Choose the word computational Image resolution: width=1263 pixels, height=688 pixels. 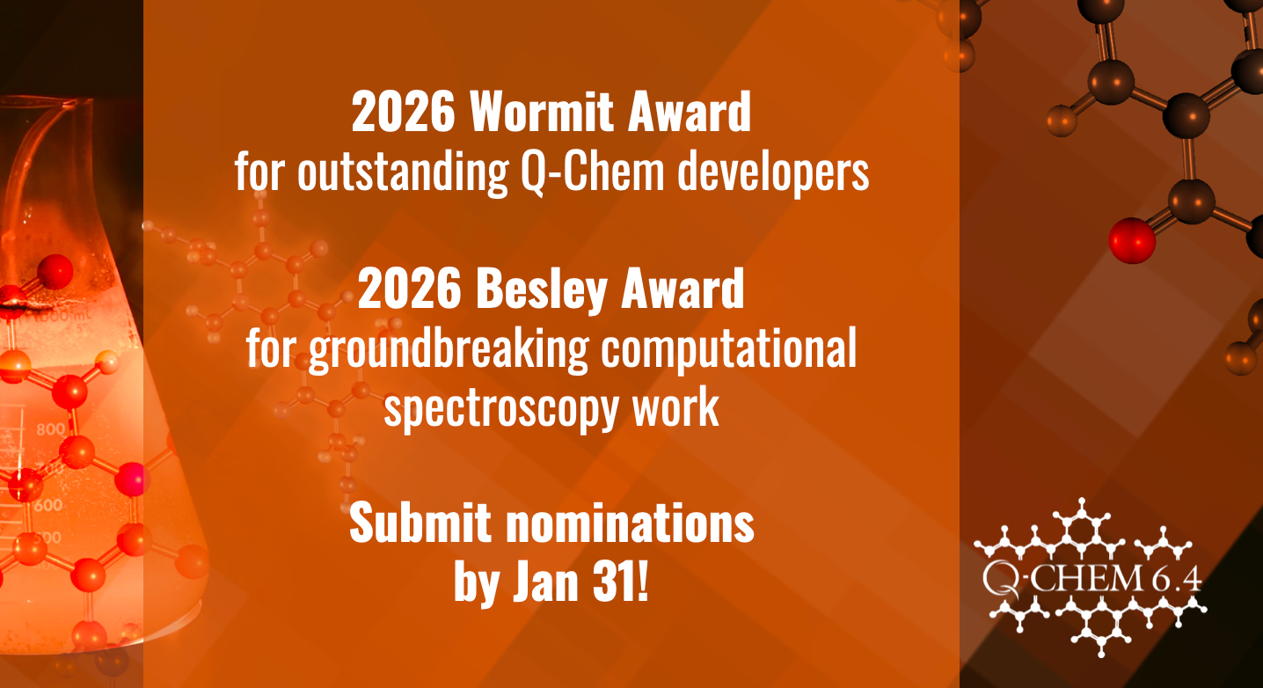click(x=728, y=348)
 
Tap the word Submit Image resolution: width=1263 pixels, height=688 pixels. click(x=420, y=523)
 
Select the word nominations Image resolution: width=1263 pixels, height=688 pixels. click(x=630, y=523)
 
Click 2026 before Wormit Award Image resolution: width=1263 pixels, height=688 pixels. click(x=403, y=112)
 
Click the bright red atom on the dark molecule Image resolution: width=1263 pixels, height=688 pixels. click(x=1132, y=241)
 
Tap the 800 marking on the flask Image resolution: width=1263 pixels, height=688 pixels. click(x=51, y=429)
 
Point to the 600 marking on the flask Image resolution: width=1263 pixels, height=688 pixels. click(x=47, y=504)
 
